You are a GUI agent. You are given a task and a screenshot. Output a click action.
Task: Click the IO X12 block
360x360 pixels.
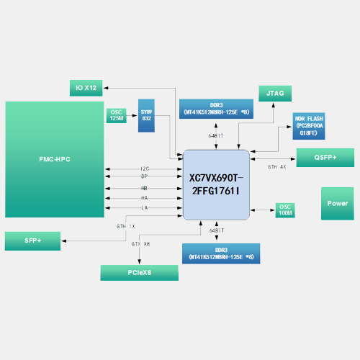tap(86, 88)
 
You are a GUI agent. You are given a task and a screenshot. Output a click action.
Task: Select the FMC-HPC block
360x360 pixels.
tap(54, 160)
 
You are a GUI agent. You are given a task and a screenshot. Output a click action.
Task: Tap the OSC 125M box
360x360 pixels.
tap(117, 115)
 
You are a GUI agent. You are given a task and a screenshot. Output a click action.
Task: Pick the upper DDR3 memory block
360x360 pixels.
tap(216, 109)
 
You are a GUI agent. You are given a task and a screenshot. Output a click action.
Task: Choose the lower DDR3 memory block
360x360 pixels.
tap(220, 253)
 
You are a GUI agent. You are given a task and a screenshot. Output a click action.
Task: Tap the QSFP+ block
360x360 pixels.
tap(325, 157)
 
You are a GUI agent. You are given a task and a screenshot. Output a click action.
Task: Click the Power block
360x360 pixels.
tap(337, 203)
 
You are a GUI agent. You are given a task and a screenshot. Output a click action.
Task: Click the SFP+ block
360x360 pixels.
tap(32, 240)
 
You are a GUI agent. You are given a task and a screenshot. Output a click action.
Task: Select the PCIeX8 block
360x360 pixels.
tap(139, 272)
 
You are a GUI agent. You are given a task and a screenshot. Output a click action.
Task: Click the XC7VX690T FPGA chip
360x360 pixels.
tap(217, 185)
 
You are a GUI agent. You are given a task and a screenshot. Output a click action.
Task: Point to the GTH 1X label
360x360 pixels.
tap(125, 226)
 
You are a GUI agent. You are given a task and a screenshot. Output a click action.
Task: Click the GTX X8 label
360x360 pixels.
tap(140, 243)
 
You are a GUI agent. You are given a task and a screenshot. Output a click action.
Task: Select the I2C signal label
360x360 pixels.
tap(145, 169)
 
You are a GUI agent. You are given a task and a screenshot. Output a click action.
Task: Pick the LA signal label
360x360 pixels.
tap(144, 207)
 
